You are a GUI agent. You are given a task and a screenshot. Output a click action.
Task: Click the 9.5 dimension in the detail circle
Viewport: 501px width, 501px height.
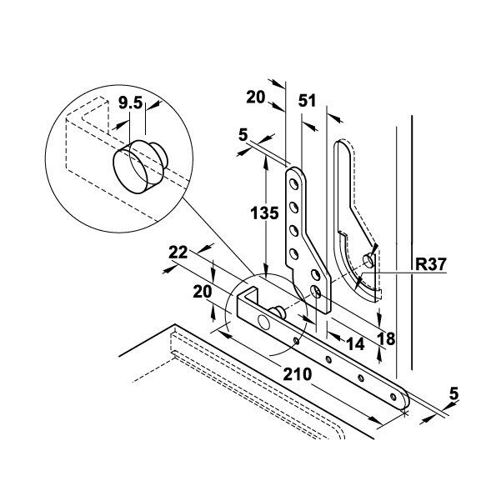[130, 104]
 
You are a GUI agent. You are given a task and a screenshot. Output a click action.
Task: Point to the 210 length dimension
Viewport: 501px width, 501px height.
[297, 373]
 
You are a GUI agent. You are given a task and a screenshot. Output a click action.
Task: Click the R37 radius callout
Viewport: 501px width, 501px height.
[432, 266]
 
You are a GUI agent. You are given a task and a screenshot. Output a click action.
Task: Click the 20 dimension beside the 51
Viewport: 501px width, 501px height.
[255, 98]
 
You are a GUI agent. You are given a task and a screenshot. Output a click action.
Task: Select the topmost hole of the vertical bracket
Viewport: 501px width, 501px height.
[293, 180]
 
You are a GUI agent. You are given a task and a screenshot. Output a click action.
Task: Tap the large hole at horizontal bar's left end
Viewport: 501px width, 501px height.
[263, 322]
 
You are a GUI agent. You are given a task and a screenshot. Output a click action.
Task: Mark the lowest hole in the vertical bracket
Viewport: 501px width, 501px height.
[318, 292]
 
